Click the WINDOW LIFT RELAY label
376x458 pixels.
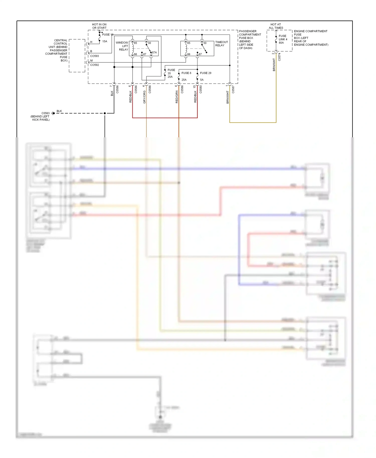click(122, 46)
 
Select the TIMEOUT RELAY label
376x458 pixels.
click(221, 44)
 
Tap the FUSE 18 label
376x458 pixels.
click(108, 35)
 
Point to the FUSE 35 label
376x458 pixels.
click(171, 73)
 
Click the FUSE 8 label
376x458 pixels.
click(186, 73)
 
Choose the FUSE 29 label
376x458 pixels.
click(206, 73)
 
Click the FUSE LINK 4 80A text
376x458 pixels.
click(283, 39)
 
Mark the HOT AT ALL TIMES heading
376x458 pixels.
click(276, 26)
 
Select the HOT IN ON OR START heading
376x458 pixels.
click(99, 26)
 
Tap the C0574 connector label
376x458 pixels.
click(279, 57)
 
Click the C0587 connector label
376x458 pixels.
click(233, 89)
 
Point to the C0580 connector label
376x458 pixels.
click(201, 89)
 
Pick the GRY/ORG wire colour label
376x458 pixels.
click(144, 97)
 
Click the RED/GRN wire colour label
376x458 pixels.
click(177, 97)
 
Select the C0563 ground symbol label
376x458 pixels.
click(45, 113)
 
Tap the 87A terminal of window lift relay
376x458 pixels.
click(154, 53)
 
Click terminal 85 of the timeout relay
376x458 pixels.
click(189, 43)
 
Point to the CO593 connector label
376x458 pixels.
click(95, 56)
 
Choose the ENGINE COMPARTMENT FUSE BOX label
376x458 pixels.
click(311, 38)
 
